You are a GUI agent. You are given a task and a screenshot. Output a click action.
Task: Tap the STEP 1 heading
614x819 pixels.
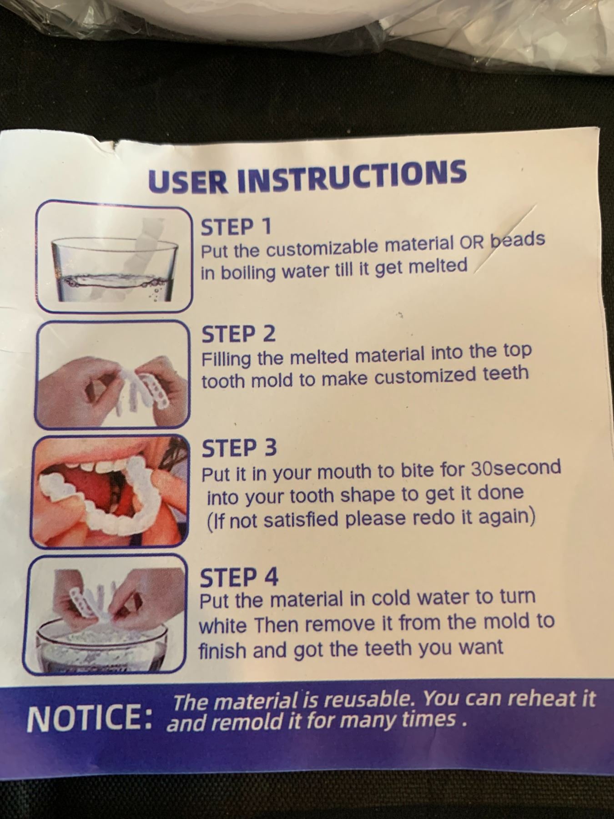pyautogui.click(x=236, y=227)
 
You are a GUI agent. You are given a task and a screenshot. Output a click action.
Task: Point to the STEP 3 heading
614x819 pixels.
pyautogui.click(x=239, y=449)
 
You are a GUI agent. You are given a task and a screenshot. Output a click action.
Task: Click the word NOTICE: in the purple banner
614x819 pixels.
pyautogui.click(x=89, y=719)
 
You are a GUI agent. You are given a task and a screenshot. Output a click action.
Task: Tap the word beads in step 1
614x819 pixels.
pyautogui.click(x=518, y=241)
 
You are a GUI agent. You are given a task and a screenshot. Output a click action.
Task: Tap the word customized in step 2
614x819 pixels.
pyautogui.click(x=434, y=375)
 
